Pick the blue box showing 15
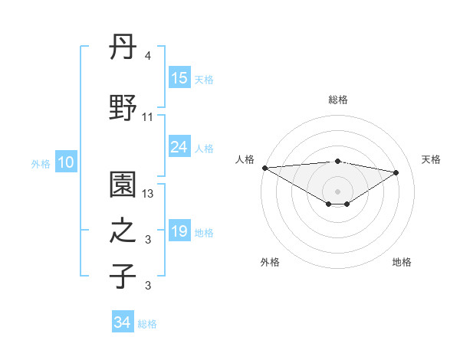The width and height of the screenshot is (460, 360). tap(179, 78)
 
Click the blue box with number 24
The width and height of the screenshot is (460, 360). tap(179, 147)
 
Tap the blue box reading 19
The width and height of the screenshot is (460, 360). tap(179, 232)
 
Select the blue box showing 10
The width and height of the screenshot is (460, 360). tap(66, 162)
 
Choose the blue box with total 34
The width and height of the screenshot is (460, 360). tap(123, 323)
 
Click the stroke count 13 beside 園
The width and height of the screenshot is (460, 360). tap(149, 194)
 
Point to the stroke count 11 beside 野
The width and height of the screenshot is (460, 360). tap(148, 117)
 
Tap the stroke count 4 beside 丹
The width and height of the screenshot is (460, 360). tap(148, 57)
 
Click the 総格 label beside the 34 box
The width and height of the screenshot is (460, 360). tap(147, 324)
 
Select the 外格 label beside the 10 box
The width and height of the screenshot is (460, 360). tap(41, 163)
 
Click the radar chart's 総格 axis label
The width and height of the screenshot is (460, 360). tap(337, 100)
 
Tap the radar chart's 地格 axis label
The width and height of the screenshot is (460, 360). tap(402, 262)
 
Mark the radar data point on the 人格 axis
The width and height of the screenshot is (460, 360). tap(264, 168)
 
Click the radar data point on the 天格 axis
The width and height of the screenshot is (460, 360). tap(396, 172)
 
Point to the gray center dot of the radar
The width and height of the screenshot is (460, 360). tap(337, 191)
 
